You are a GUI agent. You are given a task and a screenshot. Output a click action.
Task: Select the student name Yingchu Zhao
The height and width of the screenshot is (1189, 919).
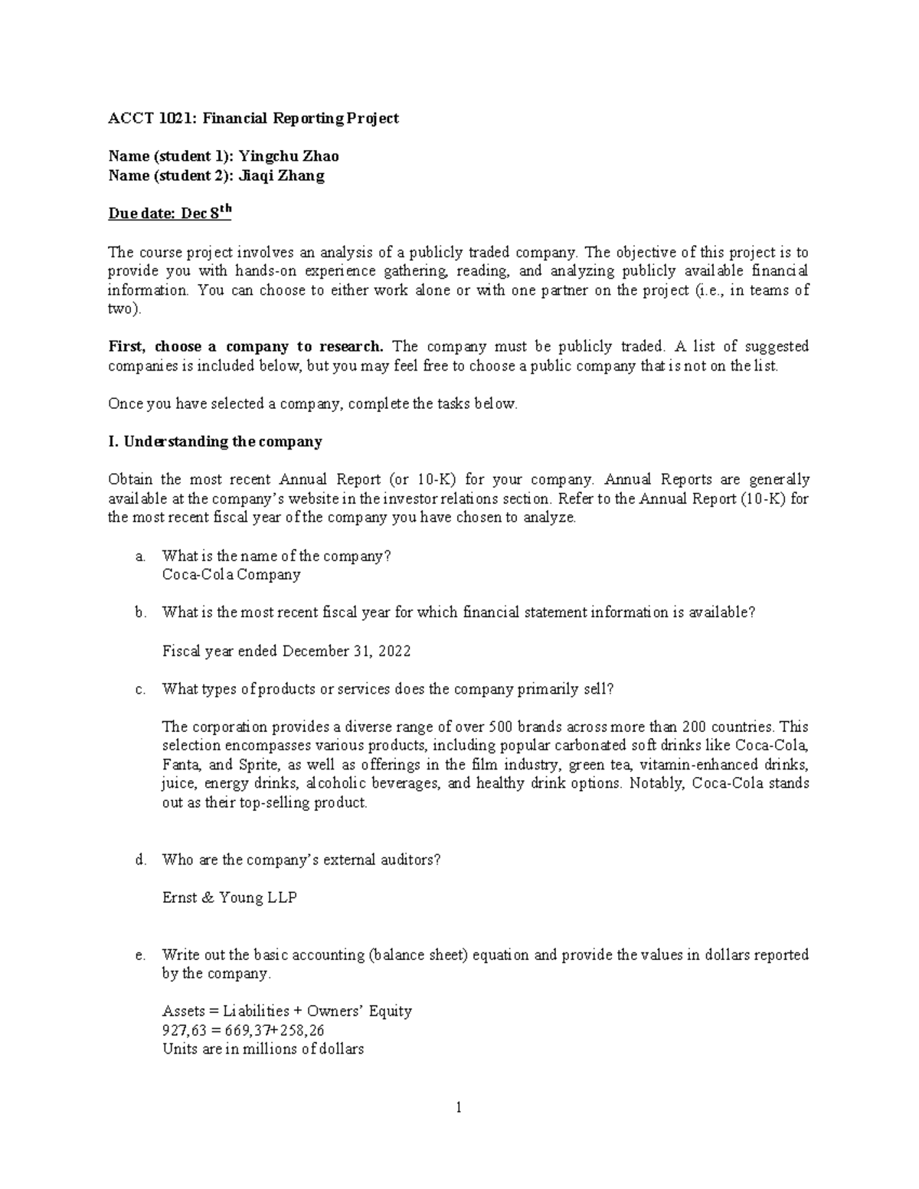pyautogui.click(x=289, y=156)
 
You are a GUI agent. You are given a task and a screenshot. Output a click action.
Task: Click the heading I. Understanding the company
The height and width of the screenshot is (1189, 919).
pyautogui.click(x=215, y=442)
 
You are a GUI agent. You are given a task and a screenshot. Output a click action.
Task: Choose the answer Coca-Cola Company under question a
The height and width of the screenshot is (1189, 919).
pyautogui.click(x=231, y=574)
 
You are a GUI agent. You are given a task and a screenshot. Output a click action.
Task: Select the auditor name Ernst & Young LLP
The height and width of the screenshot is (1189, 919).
pyautogui.click(x=230, y=897)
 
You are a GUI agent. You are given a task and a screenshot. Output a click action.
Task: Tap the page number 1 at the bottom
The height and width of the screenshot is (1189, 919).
pyautogui.click(x=459, y=1107)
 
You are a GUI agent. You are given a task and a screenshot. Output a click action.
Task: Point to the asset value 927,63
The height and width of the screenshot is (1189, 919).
pyautogui.click(x=184, y=1031)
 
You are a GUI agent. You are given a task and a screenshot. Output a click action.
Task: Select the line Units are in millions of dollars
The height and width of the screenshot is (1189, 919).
pyautogui.click(x=263, y=1049)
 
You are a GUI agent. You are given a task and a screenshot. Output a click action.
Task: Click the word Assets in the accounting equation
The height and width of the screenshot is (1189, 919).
pyautogui.click(x=183, y=1011)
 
